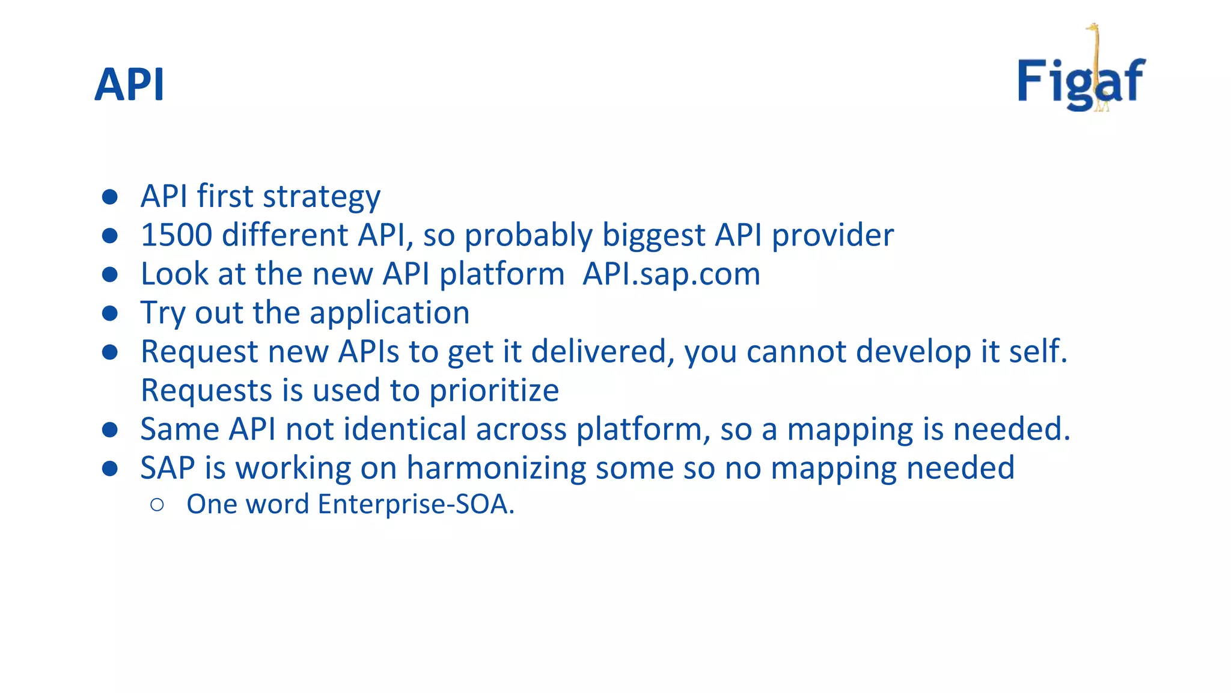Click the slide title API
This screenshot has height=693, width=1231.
point(129,85)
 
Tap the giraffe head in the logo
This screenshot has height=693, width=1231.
point(1092,28)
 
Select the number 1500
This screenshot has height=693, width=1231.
point(176,235)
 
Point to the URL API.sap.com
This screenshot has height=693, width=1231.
point(671,274)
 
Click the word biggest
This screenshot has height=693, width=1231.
point(653,235)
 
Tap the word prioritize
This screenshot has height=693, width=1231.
point(493,391)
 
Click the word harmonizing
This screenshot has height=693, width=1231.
point(496,468)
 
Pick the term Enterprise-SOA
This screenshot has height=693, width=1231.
point(415,504)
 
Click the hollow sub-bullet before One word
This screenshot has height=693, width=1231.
point(157,505)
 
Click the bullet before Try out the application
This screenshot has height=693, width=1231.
point(110,313)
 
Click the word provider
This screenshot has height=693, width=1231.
point(832,235)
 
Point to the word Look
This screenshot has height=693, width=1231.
point(174,274)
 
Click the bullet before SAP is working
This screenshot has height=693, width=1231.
point(110,469)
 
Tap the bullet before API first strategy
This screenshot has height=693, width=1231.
point(110,197)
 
